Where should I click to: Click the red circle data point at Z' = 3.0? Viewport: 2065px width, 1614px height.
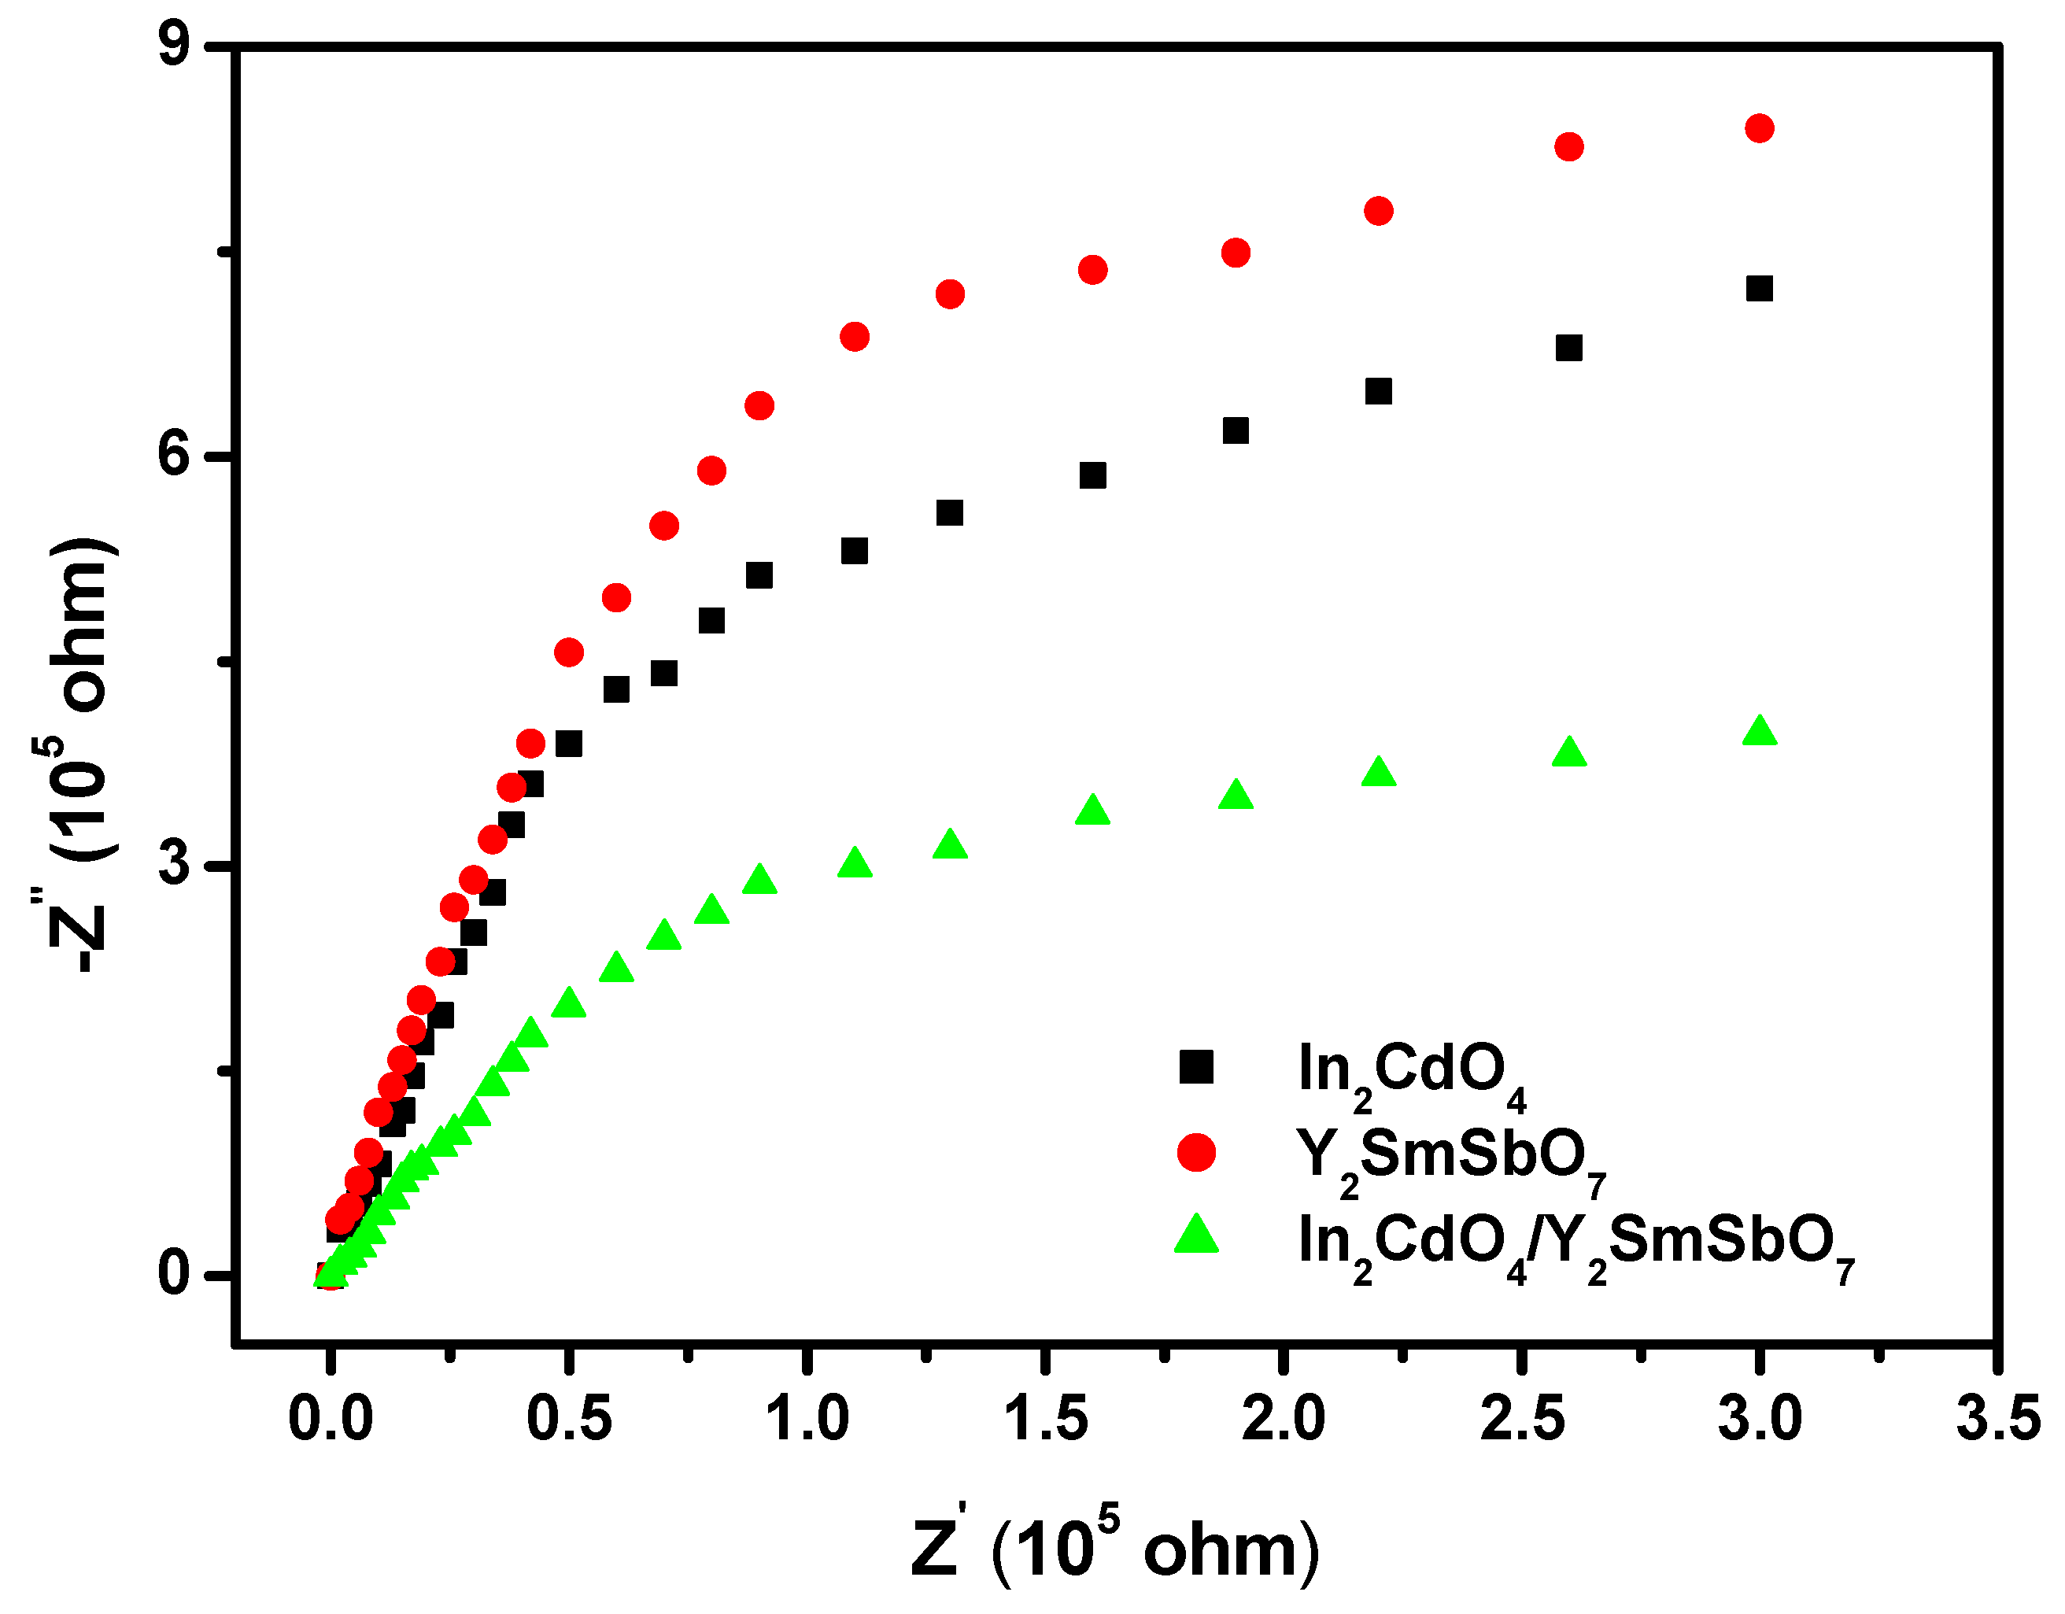click(1759, 128)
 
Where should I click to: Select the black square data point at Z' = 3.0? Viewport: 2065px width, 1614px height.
click(1759, 288)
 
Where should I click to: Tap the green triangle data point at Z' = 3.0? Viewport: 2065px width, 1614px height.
click(1759, 732)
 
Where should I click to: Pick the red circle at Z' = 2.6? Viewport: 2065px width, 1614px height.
click(1568, 146)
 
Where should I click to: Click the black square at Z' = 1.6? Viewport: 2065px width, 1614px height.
click(1092, 475)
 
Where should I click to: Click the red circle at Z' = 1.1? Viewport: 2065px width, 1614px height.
click(854, 337)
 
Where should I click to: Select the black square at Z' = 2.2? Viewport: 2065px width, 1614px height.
click(1379, 391)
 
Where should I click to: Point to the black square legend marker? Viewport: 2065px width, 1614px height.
click(1196, 1066)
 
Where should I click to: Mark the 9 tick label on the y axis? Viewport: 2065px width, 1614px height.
click(175, 46)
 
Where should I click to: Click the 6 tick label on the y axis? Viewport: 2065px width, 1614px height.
click(175, 456)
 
